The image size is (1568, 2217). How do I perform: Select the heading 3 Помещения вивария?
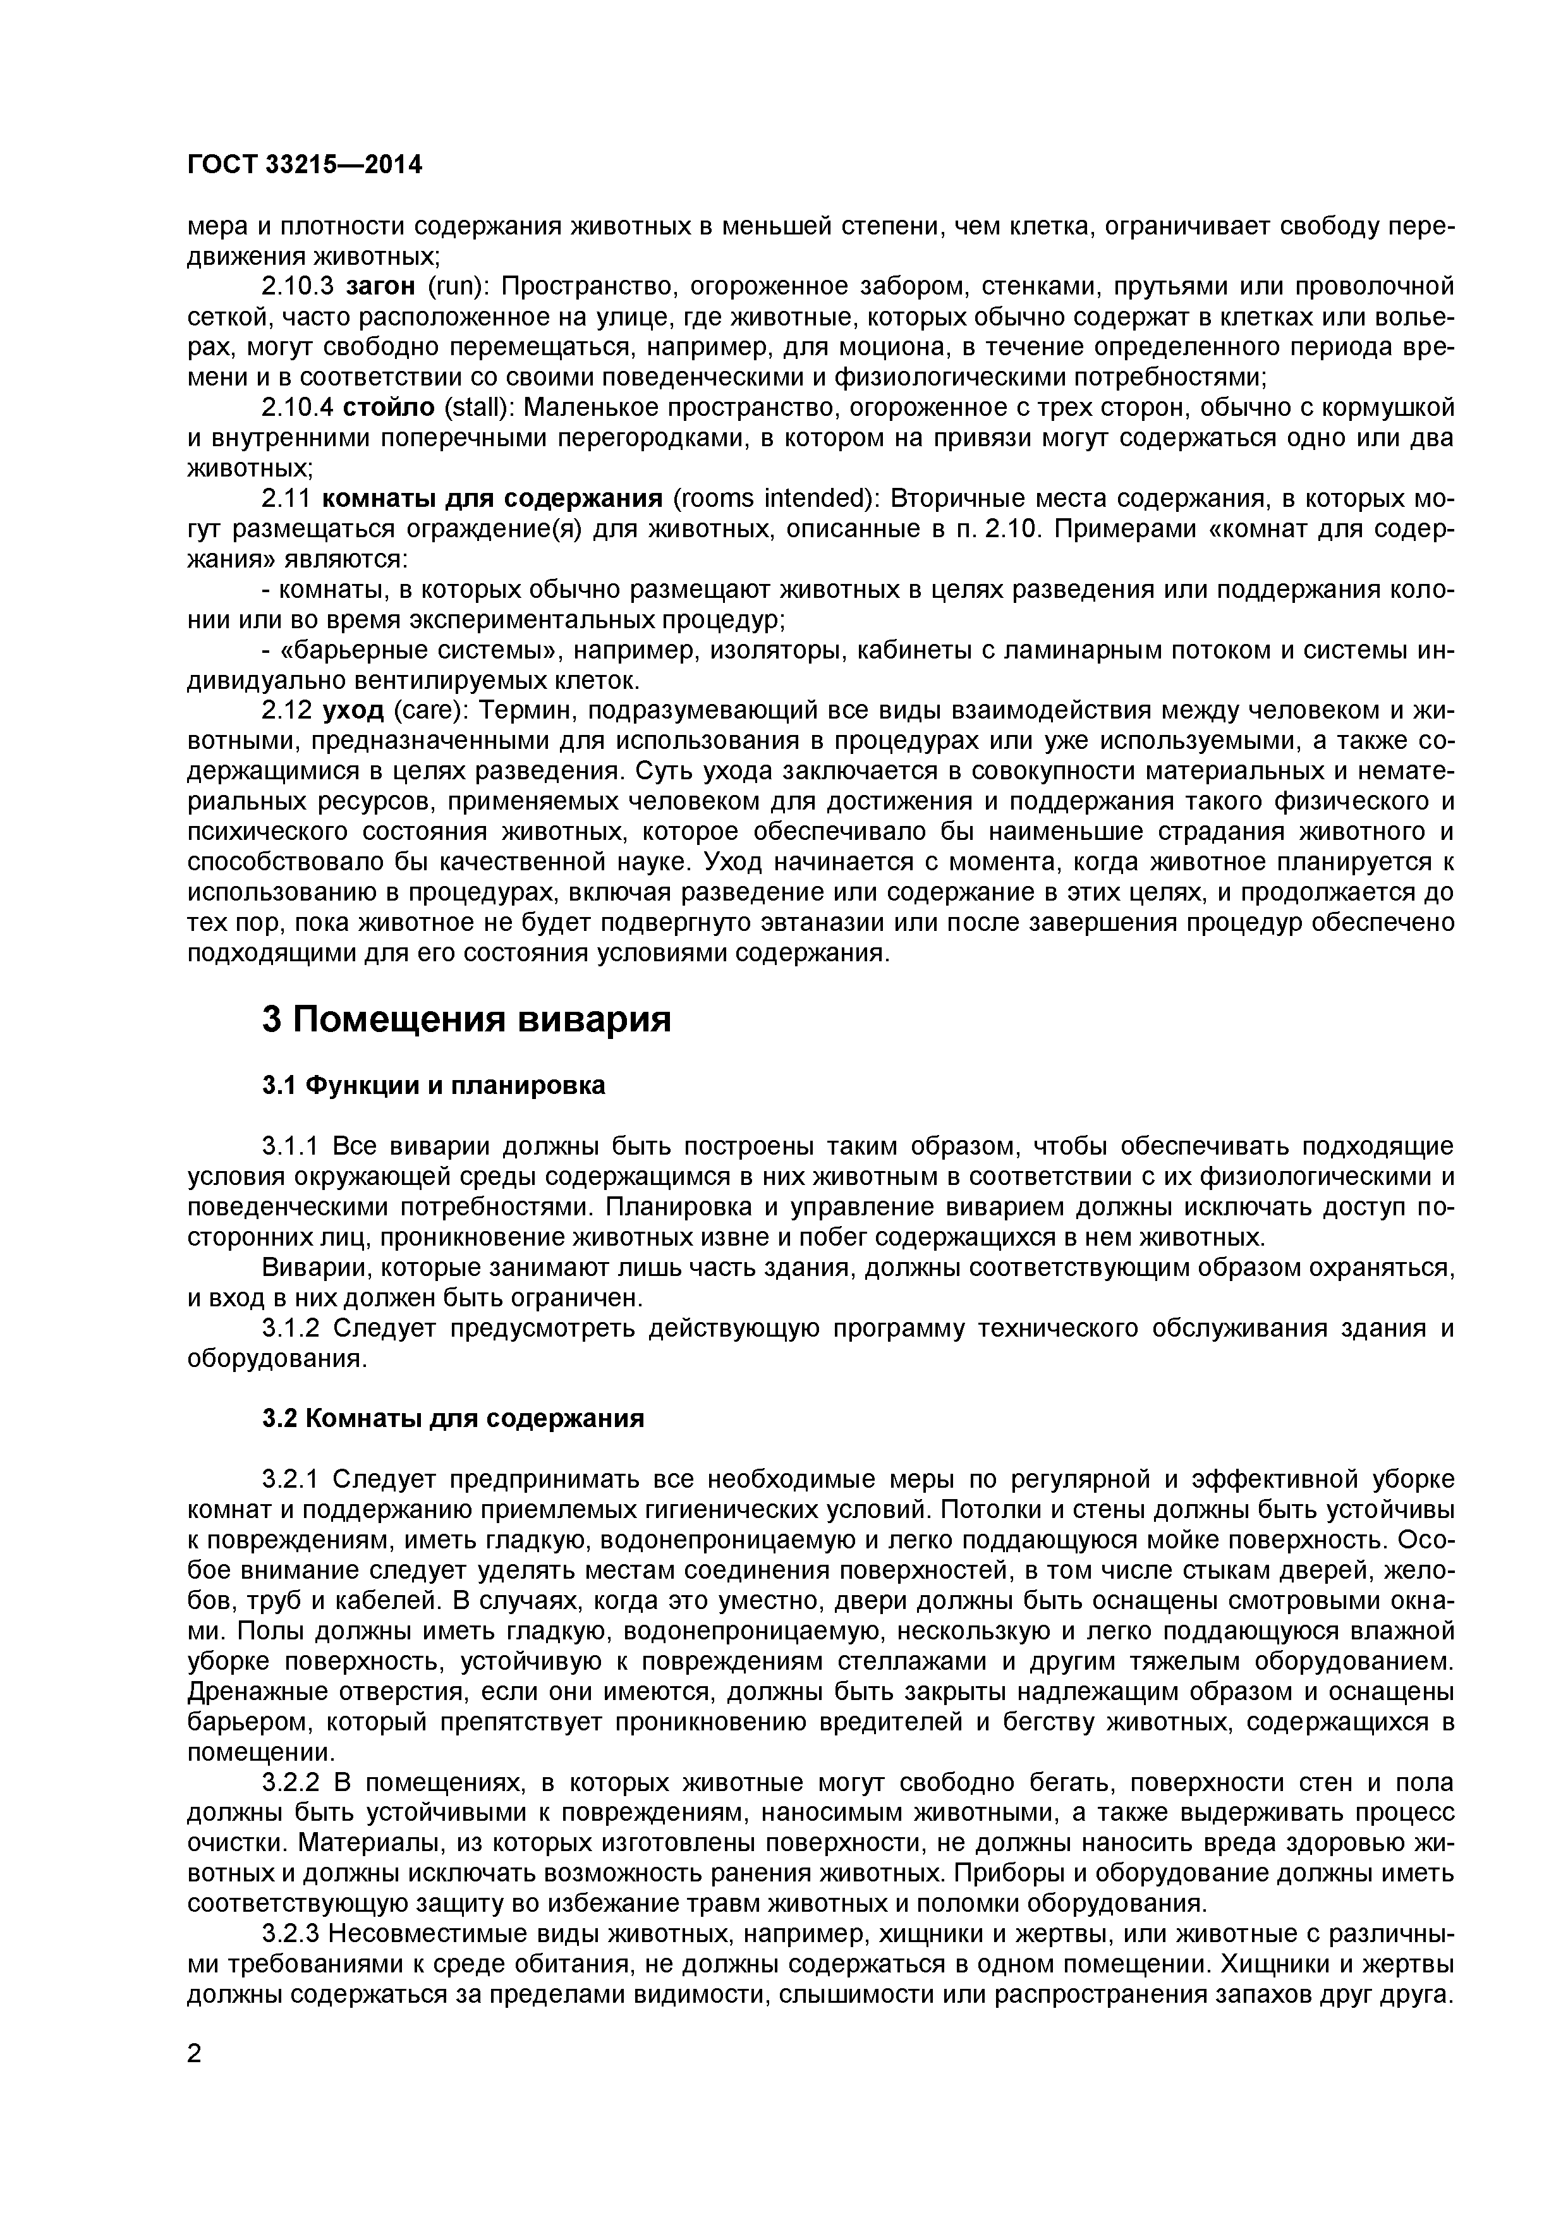pos(466,1019)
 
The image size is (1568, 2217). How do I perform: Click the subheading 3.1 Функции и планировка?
pos(434,1085)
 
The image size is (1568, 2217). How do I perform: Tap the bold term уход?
pos(353,711)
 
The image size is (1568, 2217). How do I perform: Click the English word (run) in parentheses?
pos(455,287)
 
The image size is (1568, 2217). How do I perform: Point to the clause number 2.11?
pos(286,499)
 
